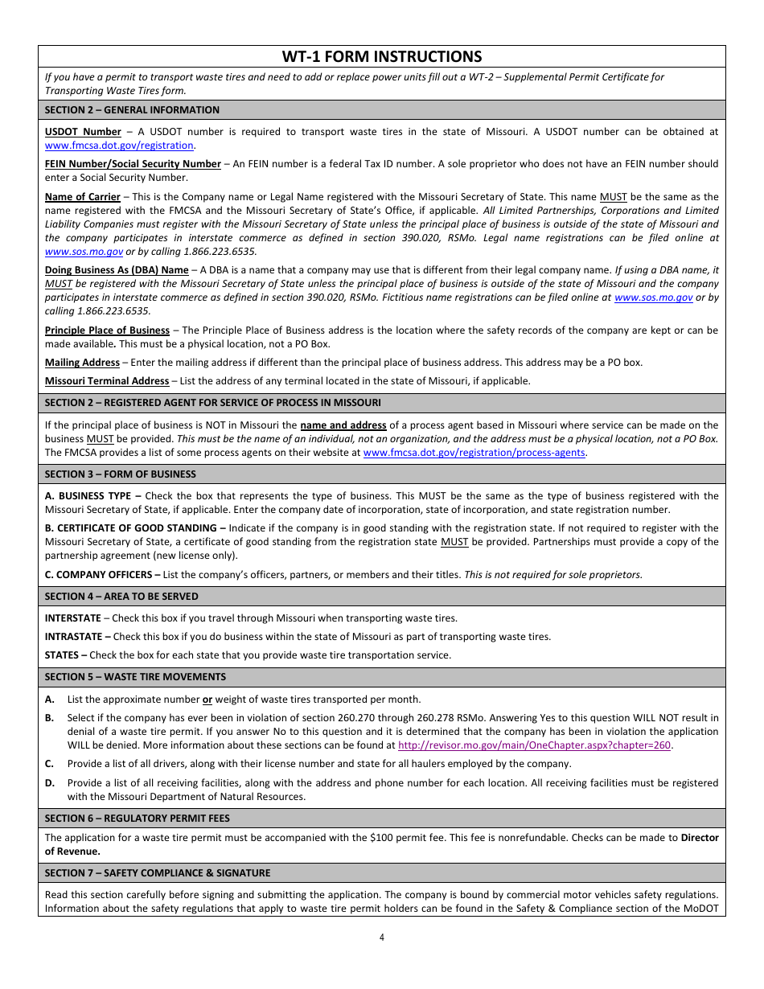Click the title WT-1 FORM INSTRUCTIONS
coord(382,56)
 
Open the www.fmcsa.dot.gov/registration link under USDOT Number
coord(119,146)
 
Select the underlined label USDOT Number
coord(83,132)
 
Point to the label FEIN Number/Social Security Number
coord(133,164)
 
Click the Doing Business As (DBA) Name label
coord(117,271)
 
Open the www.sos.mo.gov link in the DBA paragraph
coord(653,298)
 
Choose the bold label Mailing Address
coord(82,363)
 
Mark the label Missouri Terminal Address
coord(107,381)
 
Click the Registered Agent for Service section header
coord(212,403)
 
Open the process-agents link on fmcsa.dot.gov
coord(474,453)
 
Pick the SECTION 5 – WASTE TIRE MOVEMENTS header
coord(135,677)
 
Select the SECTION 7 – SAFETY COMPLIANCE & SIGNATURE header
coord(158,873)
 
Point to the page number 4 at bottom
coord(382,937)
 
